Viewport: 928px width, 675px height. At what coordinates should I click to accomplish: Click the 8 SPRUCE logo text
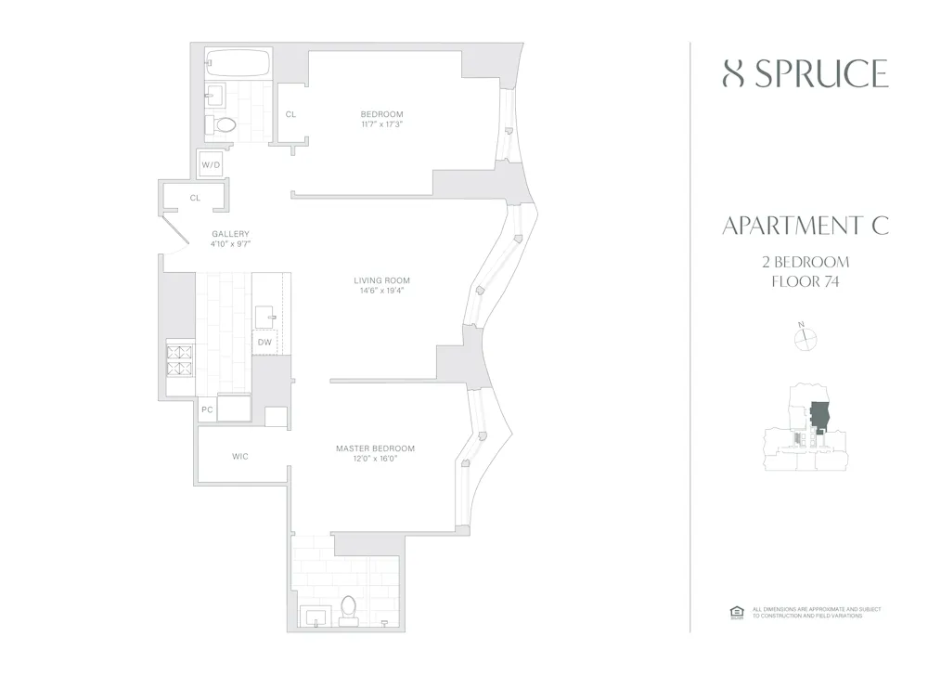(x=805, y=73)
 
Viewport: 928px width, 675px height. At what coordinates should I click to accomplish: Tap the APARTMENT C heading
(x=805, y=226)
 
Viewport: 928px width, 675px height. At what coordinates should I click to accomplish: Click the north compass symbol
(x=804, y=339)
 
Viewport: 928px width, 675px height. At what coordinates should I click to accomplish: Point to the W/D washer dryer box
(x=212, y=165)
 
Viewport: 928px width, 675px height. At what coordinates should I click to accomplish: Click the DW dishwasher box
(x=265, y=343)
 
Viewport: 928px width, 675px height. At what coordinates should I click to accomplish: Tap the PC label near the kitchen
(x=207, y=409)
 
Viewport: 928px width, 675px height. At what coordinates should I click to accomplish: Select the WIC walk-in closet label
(x=240, y=456)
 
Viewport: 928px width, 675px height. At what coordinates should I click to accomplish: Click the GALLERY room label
(x=230, y=234)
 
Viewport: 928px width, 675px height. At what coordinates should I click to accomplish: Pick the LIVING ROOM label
(x=381, y=280)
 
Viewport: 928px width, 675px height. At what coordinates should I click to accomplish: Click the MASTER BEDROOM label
(x=375, y=448)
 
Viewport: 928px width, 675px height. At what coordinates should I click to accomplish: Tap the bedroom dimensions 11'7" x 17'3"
(x=381, y=124)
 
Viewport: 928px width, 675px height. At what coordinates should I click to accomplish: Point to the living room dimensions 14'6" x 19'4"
(x=381, y=291)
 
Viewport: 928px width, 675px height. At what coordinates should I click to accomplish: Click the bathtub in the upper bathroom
(x=237, y=64)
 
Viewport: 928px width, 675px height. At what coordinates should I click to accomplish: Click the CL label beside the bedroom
(x=290, y=114)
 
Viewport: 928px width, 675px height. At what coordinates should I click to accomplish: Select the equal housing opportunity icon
(x=738, y=612)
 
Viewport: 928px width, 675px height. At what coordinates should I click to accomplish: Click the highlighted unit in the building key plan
(x=819, y=416)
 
